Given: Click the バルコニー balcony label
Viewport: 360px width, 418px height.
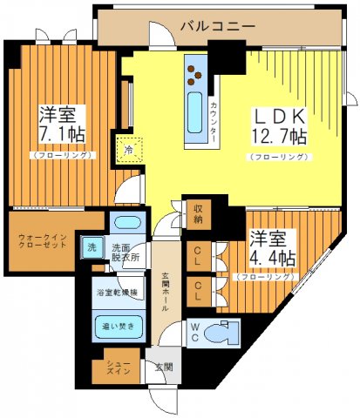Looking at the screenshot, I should point(217,26).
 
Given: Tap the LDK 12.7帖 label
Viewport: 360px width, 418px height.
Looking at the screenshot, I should point(279,126).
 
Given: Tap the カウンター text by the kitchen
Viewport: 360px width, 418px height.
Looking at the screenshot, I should point(214,122).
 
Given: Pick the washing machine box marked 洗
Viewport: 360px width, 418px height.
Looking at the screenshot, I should point(92,247).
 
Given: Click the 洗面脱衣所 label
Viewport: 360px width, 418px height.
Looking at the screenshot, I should point(125,253).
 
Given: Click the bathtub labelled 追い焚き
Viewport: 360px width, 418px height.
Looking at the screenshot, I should point(117,329).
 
